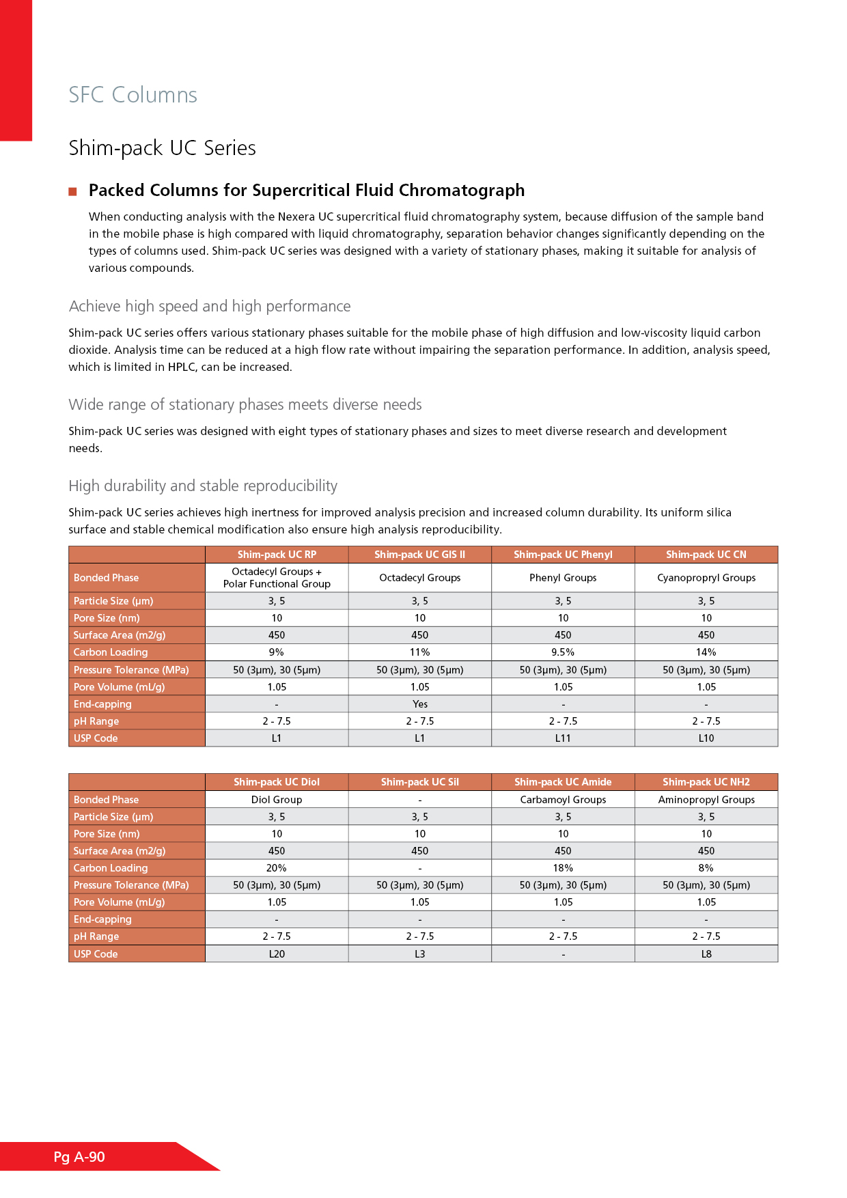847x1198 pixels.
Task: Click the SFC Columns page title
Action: [133, 95]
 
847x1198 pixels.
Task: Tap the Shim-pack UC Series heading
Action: [162, 148]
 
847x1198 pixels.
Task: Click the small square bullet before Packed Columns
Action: [72, 191]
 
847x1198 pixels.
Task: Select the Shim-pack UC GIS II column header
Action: [419, 555]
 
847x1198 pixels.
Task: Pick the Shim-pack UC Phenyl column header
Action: [563, 555]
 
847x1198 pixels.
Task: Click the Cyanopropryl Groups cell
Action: [706, 578]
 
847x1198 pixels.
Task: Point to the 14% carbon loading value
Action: [706, 652]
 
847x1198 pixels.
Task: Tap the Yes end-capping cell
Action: [419, 704]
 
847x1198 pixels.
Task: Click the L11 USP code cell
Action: [563, 738]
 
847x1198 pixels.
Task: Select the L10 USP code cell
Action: [706, 738]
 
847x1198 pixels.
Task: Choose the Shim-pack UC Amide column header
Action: [563, 782]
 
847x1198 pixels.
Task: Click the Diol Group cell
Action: [277, 800]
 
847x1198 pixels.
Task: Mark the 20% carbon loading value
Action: [277, 868]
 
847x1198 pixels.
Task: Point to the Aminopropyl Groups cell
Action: [706, 800]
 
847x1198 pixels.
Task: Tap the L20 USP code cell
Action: [277, 954]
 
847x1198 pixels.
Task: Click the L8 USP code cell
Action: [706, 954]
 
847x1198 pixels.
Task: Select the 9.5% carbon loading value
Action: [563, 652]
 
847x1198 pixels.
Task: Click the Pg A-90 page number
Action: [79, 1157]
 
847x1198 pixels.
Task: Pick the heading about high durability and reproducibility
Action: [203, 486]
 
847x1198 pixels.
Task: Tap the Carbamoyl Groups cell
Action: [563, 800]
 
